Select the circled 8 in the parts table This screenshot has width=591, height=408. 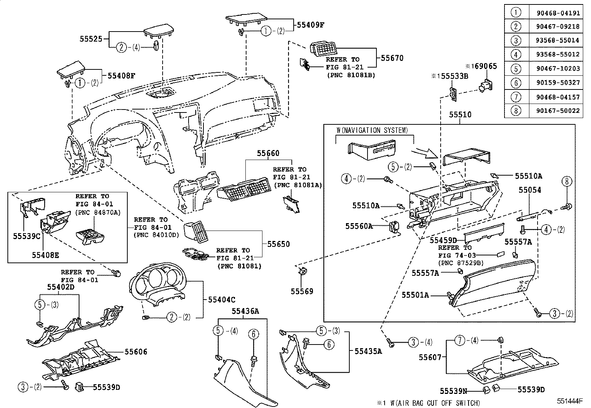click(516, 111)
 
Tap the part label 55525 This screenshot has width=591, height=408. click(91, 38)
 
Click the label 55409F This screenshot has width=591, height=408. click(311, 25)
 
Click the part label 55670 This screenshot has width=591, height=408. click(392, 58)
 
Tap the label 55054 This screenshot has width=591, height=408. click(529, 190)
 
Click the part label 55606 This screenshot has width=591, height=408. click(135, 351)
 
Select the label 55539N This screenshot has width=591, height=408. click(453, 391)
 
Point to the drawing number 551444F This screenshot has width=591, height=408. click(570, 401)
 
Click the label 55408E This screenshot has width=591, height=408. click(45, 255)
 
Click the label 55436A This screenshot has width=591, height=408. click(245, 311)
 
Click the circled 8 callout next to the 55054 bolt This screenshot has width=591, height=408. click(566, 182)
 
